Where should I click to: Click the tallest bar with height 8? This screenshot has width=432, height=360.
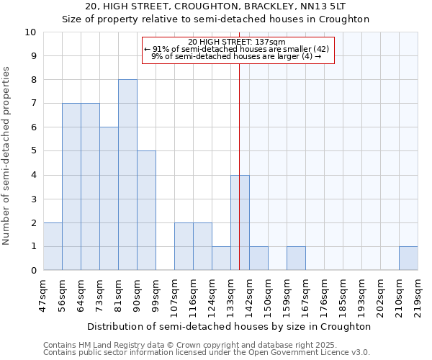[127, 175]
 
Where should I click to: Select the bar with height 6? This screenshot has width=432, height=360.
[109, 199]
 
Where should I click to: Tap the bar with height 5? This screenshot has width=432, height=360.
[146, 210]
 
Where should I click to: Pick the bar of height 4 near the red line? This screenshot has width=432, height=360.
[240, 222]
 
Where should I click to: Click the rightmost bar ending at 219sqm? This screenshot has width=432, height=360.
[408, 258]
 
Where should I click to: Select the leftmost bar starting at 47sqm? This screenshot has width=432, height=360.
[53, 246]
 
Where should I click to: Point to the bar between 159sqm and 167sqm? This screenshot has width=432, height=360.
[296, 258]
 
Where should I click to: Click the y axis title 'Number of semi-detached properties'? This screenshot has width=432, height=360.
[6, 156]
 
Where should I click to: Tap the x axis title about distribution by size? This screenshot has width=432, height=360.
[230, 326]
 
